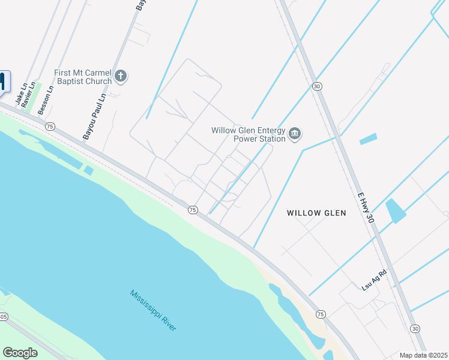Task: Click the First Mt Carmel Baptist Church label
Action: (83, 77)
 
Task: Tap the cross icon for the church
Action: (121, 76)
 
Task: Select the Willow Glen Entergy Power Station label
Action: (248, 134)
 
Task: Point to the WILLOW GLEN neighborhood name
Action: (316, 213)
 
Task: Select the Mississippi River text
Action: (153, 310)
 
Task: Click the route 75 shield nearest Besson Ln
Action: (50, 126)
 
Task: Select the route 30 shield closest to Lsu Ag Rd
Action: (415, 328)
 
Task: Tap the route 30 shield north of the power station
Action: (316, 86)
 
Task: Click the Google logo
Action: (20, 353)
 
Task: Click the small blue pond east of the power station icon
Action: (368, 139)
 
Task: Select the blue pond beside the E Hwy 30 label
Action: (396, 211)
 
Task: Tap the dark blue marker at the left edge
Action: (3, 82)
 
